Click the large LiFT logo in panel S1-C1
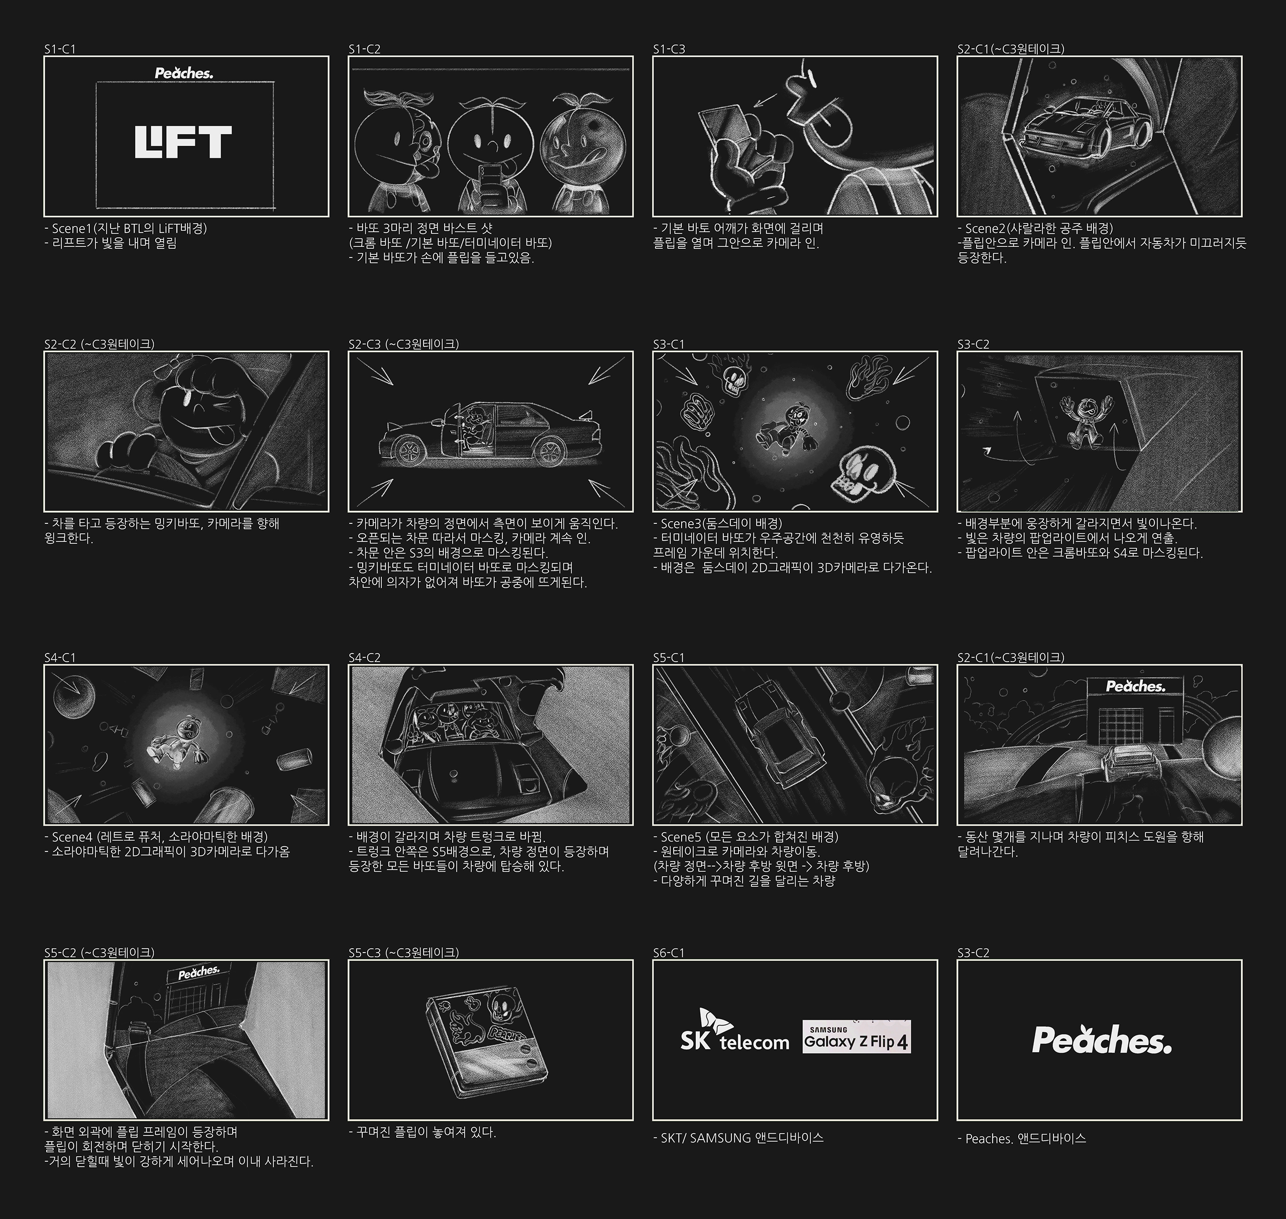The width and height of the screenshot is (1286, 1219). click(x=183, y=142)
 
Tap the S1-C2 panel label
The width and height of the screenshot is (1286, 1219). click(x=364, y=49)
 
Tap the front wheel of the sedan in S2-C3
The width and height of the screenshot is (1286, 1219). click(x=410, y=450)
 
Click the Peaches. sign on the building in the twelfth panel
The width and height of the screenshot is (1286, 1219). click(x=1135, y=686)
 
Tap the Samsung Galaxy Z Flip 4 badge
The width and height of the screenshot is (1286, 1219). click(x=856, y=1037)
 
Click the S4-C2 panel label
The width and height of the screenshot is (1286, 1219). click(x=364, y=658)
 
